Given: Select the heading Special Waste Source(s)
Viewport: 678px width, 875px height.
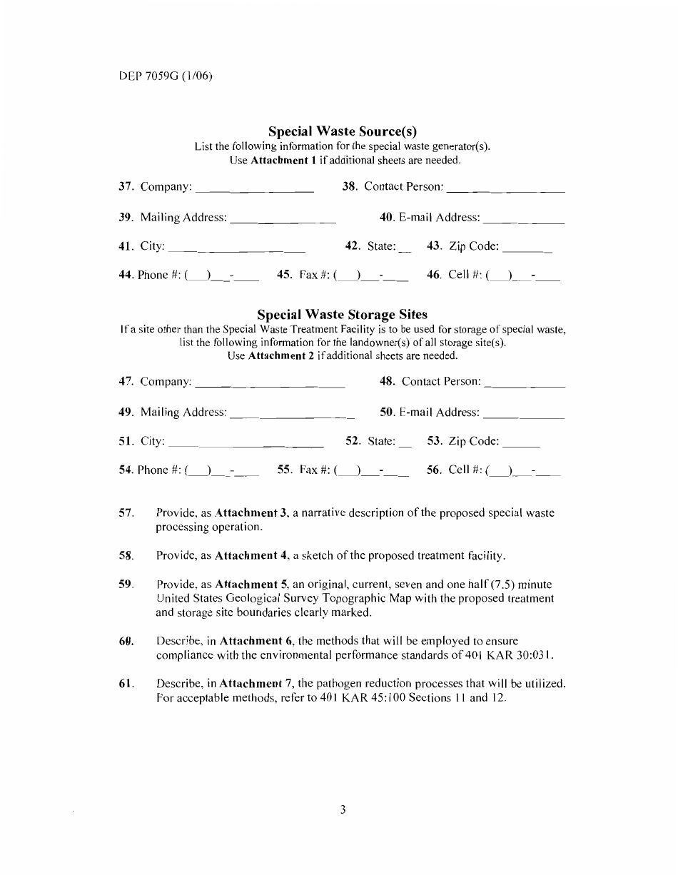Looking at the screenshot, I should (x=342, y=131).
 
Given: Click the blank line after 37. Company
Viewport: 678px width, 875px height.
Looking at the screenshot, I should (x=254, y=191).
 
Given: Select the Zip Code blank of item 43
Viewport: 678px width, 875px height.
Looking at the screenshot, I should (x=527, y=251).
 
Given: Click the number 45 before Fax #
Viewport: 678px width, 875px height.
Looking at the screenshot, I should (x=283, y=275).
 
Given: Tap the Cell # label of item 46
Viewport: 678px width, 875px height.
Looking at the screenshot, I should (x=465, y=275).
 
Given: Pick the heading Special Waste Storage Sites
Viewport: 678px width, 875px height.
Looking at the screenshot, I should (x=342, y=315).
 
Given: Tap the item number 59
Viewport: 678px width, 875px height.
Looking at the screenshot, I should (x=126, y=585).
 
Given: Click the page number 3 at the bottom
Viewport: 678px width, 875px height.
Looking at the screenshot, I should (x=343, y=809).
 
